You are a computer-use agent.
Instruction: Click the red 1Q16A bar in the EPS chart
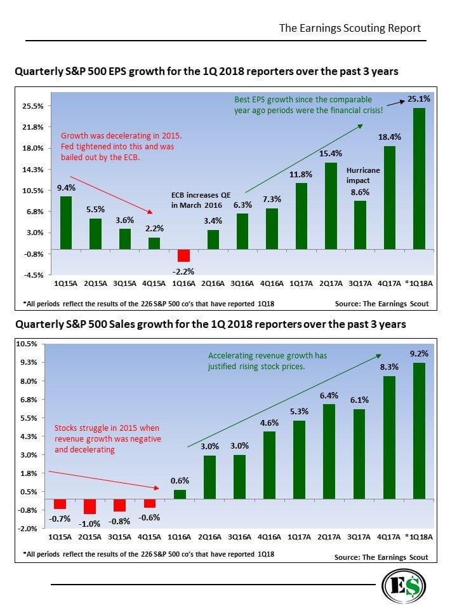pos(183,255)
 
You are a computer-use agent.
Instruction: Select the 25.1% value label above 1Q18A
pos(419,99)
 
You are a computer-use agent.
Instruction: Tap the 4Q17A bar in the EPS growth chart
pos(390,197)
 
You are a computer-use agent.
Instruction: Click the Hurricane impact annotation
pos(363,175)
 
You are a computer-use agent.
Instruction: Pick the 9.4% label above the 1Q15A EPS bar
pos(66,187)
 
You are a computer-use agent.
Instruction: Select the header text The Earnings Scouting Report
pos(350,29)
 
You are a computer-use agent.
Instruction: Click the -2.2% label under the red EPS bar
pos(183,271)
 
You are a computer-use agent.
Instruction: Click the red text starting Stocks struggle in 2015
pos(108,438)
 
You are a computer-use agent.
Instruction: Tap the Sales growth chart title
pos(209,325)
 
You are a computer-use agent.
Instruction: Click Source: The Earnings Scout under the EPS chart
pos(381,304)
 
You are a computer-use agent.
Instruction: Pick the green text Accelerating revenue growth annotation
pos(267,361)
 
